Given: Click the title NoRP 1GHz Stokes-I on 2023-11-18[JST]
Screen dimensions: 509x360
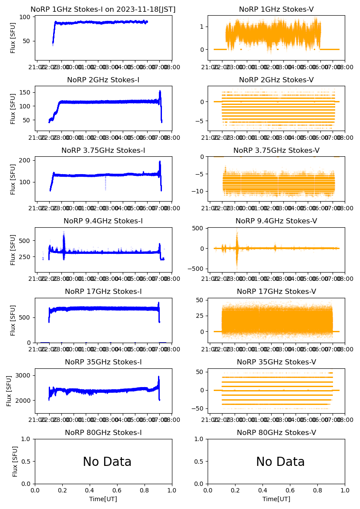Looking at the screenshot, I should tap(103, 10).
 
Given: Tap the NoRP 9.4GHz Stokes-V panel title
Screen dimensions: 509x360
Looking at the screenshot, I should tap(276, 221).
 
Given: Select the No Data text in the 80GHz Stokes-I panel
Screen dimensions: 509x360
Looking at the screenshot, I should tap(107, 462).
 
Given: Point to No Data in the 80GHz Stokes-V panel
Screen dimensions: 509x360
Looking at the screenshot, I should tap(280, 462).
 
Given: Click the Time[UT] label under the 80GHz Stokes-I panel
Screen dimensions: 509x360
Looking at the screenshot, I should tap(103, 499).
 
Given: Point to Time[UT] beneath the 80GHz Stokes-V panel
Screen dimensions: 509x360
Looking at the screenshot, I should tap(276, 499).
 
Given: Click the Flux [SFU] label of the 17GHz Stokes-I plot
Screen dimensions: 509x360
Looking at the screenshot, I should tap(13, 320).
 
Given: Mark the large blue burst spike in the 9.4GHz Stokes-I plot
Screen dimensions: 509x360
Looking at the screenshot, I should tap(64, 239).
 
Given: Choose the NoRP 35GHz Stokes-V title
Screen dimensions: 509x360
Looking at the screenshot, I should tap(276, 362).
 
